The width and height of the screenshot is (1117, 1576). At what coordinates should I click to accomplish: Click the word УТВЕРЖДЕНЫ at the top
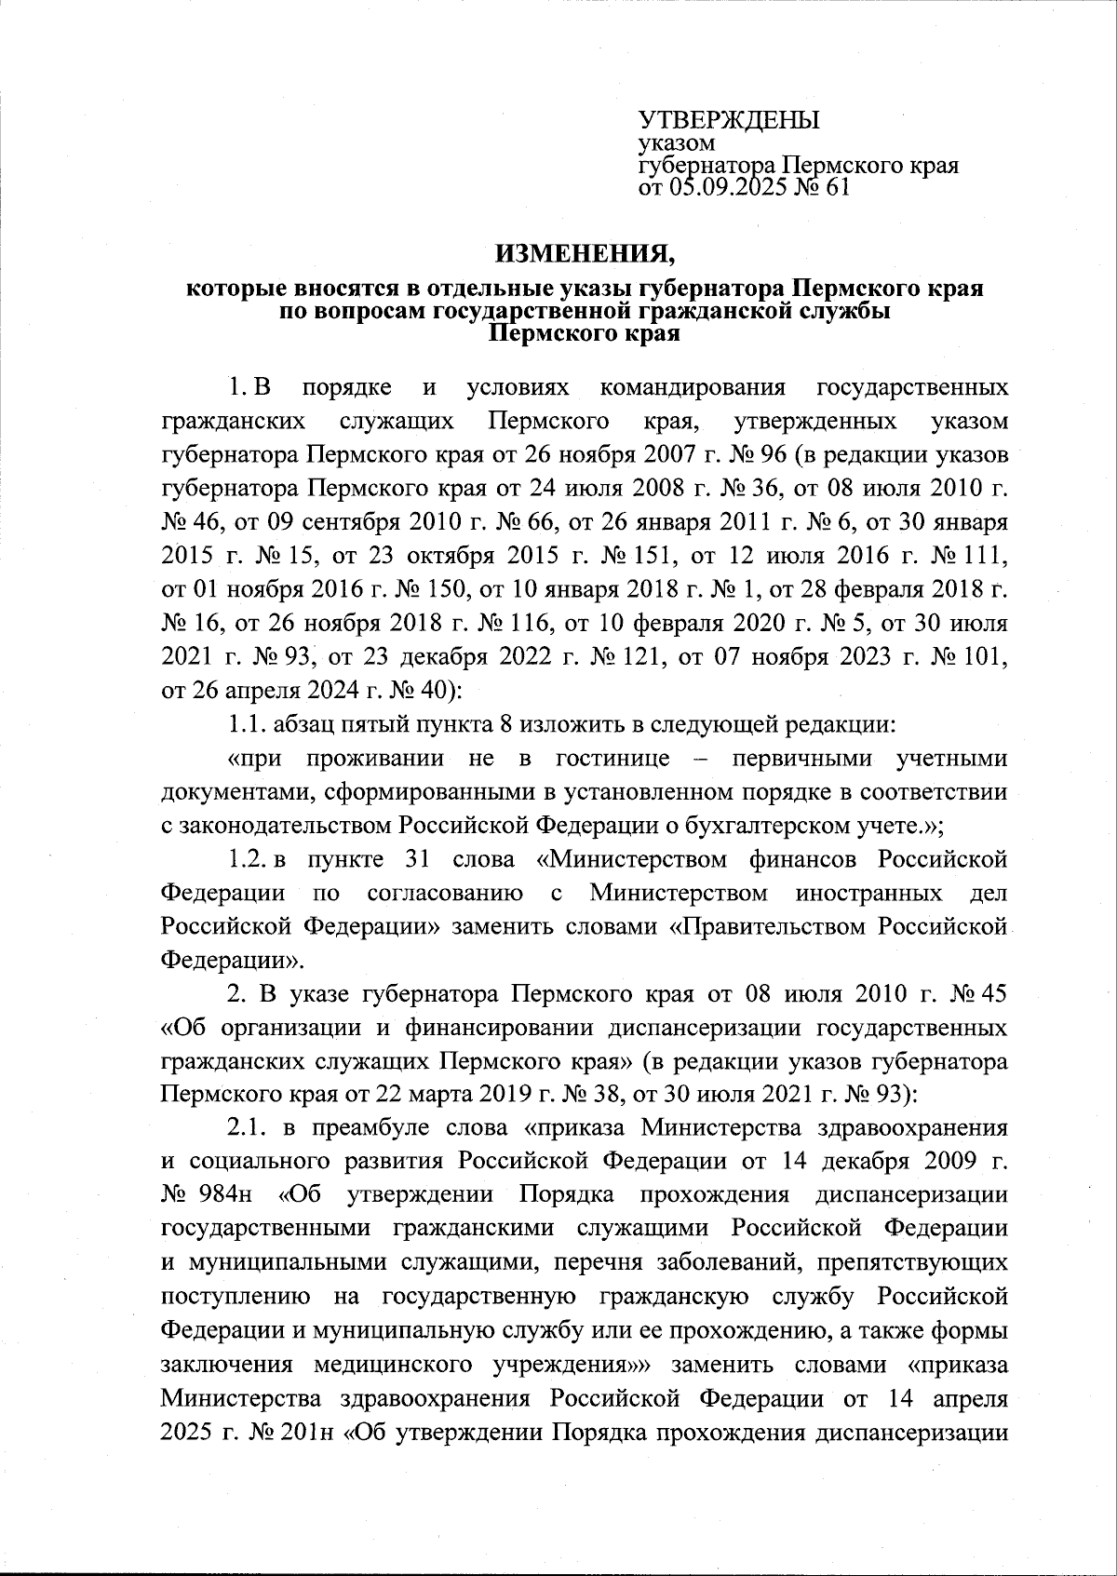click(728, 120)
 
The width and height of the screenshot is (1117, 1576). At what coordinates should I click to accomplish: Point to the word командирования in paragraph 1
click(693, 386)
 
